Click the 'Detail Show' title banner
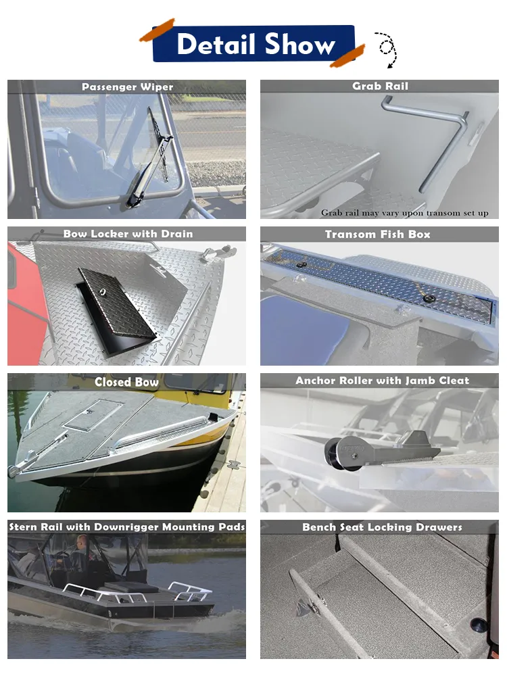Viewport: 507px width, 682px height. pos(254,43)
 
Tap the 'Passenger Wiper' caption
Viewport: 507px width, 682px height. pos(127,87)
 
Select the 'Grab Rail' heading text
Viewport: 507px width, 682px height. pos(380,86)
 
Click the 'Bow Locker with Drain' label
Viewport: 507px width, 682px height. pos(128,234)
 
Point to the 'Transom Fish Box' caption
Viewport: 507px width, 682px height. pos(377,235)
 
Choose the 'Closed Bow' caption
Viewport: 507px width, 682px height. pos(126,382)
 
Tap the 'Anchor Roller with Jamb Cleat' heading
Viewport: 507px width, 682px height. pos(382,381)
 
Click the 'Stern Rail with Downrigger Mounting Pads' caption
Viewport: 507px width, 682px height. pos(126,527)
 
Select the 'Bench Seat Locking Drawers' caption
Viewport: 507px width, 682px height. pos(382,527)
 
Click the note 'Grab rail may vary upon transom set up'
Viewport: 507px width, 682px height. pos(404,213)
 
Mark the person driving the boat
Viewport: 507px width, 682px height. pos(81,552)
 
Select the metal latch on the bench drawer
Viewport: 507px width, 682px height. pos(310,605)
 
